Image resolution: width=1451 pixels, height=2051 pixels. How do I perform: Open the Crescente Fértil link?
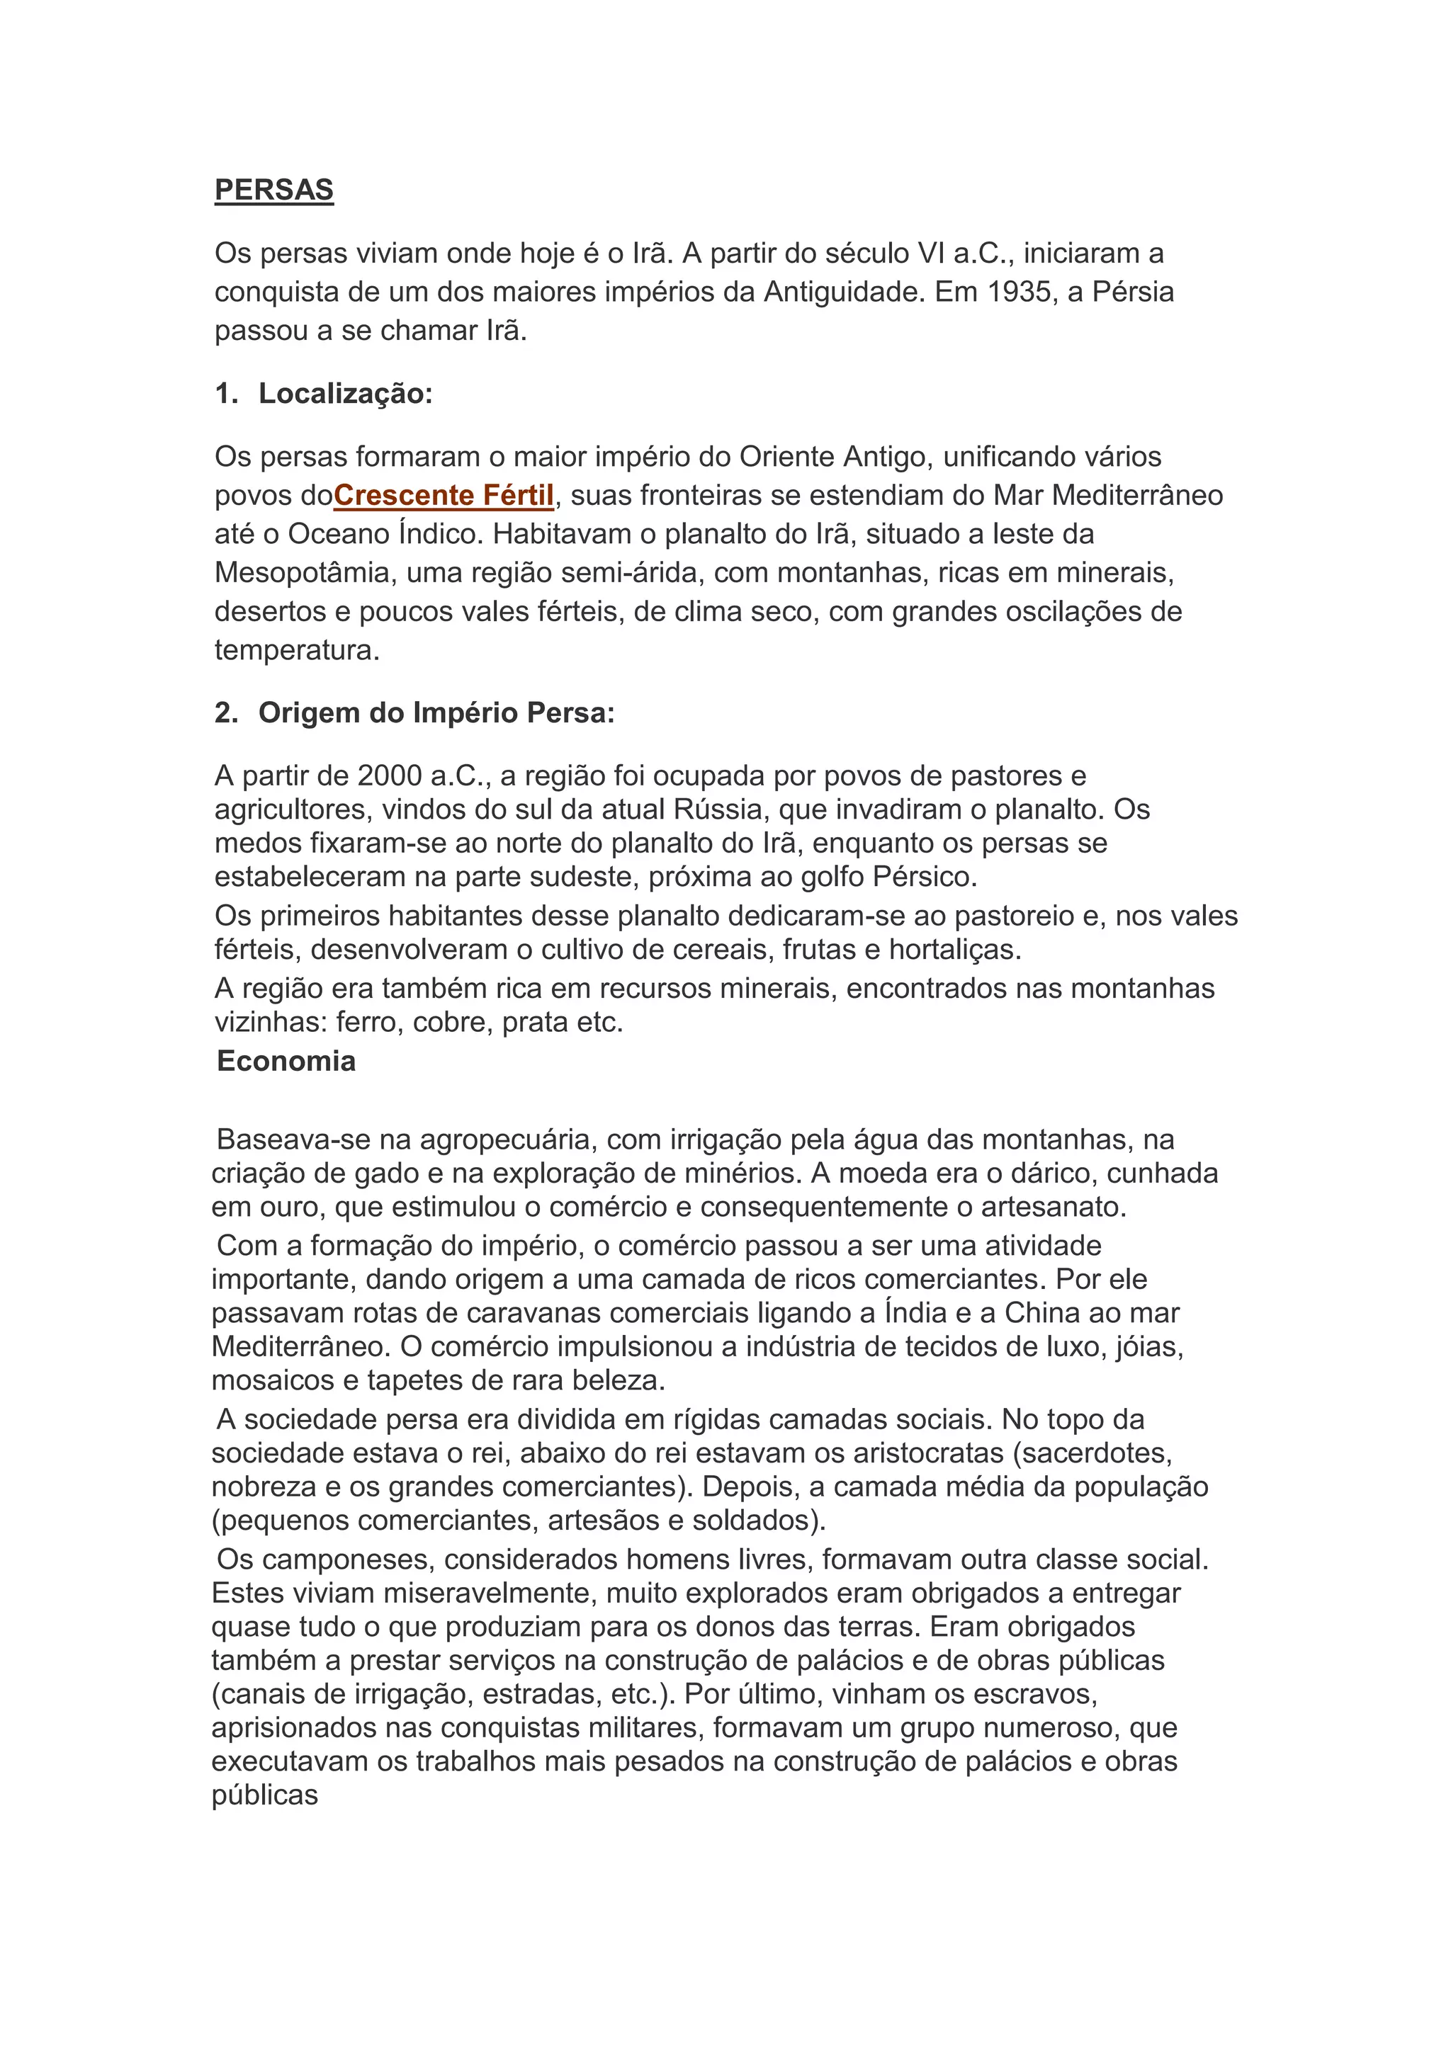click(x=444, y=495)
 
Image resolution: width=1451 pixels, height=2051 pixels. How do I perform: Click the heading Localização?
click(x=345, y=393)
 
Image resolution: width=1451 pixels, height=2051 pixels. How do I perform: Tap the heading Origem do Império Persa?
click(x=436, y=713)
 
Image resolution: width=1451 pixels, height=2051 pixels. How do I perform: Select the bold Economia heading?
click(x=286, y=1060)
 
